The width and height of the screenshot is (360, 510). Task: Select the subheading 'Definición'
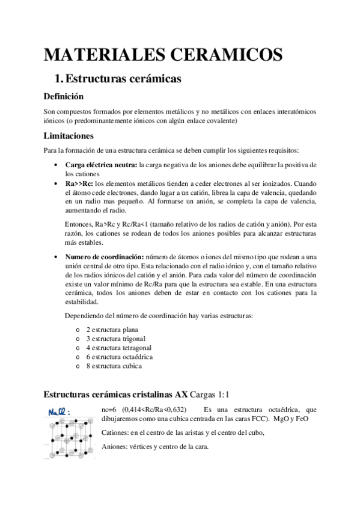[64, 96]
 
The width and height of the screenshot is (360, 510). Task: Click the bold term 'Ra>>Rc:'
[79, 182]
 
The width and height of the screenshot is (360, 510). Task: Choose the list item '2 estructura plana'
[112, 330]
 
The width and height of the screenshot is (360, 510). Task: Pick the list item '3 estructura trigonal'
[115, 339]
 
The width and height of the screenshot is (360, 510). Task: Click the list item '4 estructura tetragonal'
[118, 348]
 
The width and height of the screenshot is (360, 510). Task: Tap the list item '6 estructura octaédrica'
[119, 357]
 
